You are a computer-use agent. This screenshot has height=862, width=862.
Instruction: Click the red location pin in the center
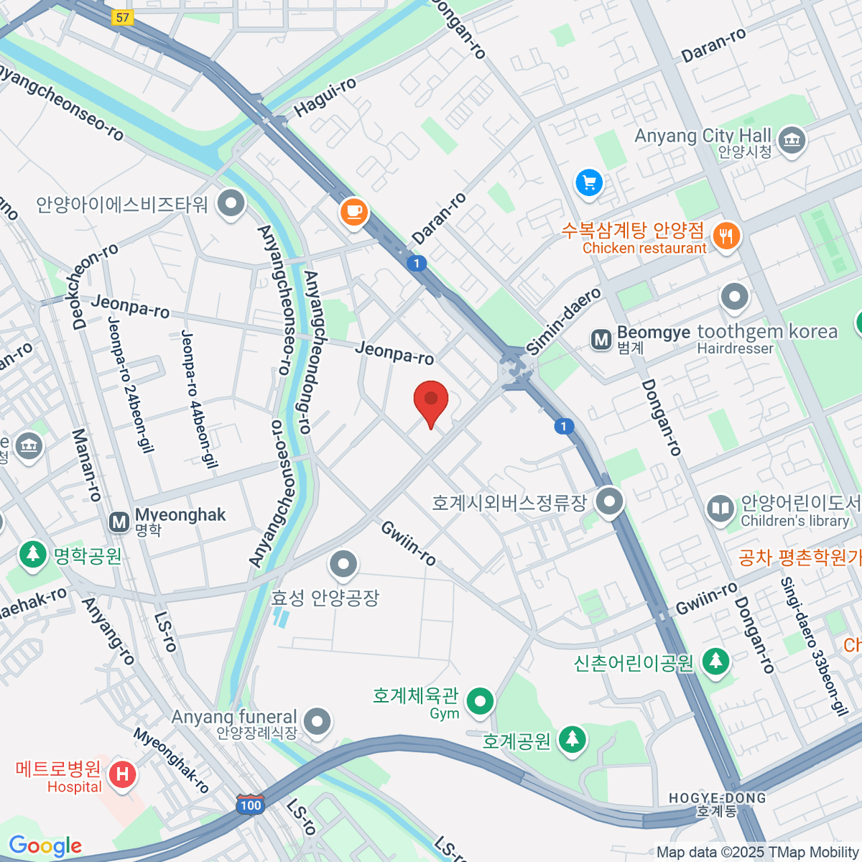(x=431, y=400)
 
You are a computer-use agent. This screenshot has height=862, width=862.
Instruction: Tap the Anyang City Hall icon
(x=792, y=139)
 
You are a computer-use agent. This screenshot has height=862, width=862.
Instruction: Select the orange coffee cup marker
(x=353, y=212)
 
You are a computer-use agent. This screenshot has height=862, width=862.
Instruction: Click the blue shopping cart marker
(x=589, y=182)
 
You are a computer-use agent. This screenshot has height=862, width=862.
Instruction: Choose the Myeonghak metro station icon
(x=119, y=522)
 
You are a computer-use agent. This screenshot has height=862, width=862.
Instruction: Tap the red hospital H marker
(x=122, y=774)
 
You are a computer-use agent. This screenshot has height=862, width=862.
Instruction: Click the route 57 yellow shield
(x=123, y=17)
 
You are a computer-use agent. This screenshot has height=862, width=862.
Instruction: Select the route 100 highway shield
(x=250, y=805)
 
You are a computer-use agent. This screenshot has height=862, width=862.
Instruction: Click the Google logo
(x=45, y=846)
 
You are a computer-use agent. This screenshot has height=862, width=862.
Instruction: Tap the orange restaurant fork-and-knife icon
(x=726, y=235)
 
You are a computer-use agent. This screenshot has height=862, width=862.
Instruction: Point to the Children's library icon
(x=719, y=509)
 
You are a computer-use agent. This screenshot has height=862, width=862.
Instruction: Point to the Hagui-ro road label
(x=325, y=98)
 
